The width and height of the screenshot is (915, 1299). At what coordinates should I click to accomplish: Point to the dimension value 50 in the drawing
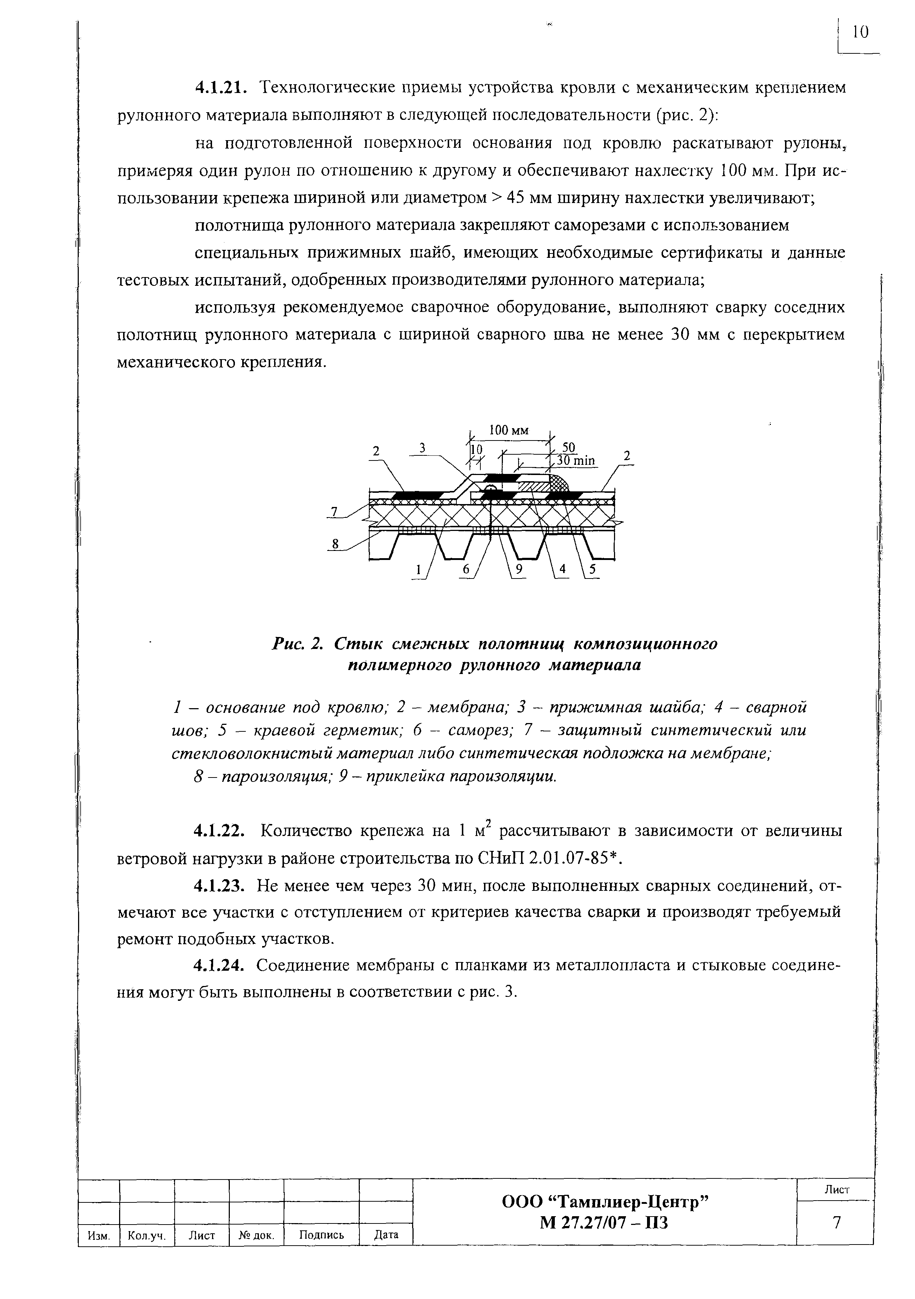pos(568,447)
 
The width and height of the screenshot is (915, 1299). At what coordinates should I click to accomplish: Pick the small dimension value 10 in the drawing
pos(477,448)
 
